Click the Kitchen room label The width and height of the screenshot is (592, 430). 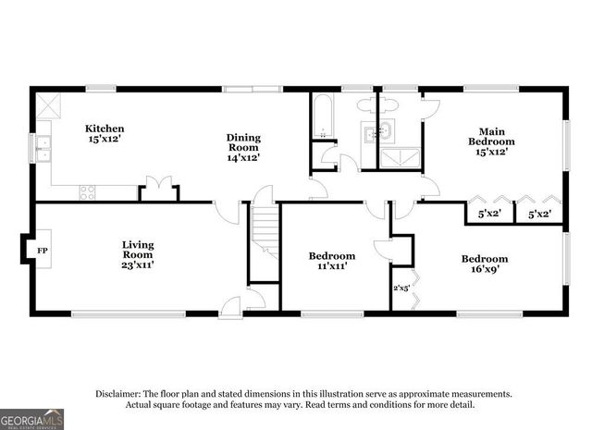pos(105,129)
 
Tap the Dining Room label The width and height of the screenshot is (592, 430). pos(244,143)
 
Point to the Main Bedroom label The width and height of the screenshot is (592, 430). pos(491,136)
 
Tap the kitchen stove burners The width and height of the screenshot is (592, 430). pos(88,192)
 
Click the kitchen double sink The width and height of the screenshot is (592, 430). pos(43,146)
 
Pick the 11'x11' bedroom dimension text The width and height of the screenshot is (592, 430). pos(331,265)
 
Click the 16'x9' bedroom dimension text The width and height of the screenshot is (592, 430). pos(485,269)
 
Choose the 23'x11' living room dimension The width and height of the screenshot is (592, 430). pos(138,264)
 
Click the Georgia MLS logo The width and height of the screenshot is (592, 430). pos(32,418)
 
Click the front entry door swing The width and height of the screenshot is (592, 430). pos(232,303)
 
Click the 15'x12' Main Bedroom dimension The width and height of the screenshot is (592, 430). pos(490,154)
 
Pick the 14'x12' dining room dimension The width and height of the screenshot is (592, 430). pos(243,157)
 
